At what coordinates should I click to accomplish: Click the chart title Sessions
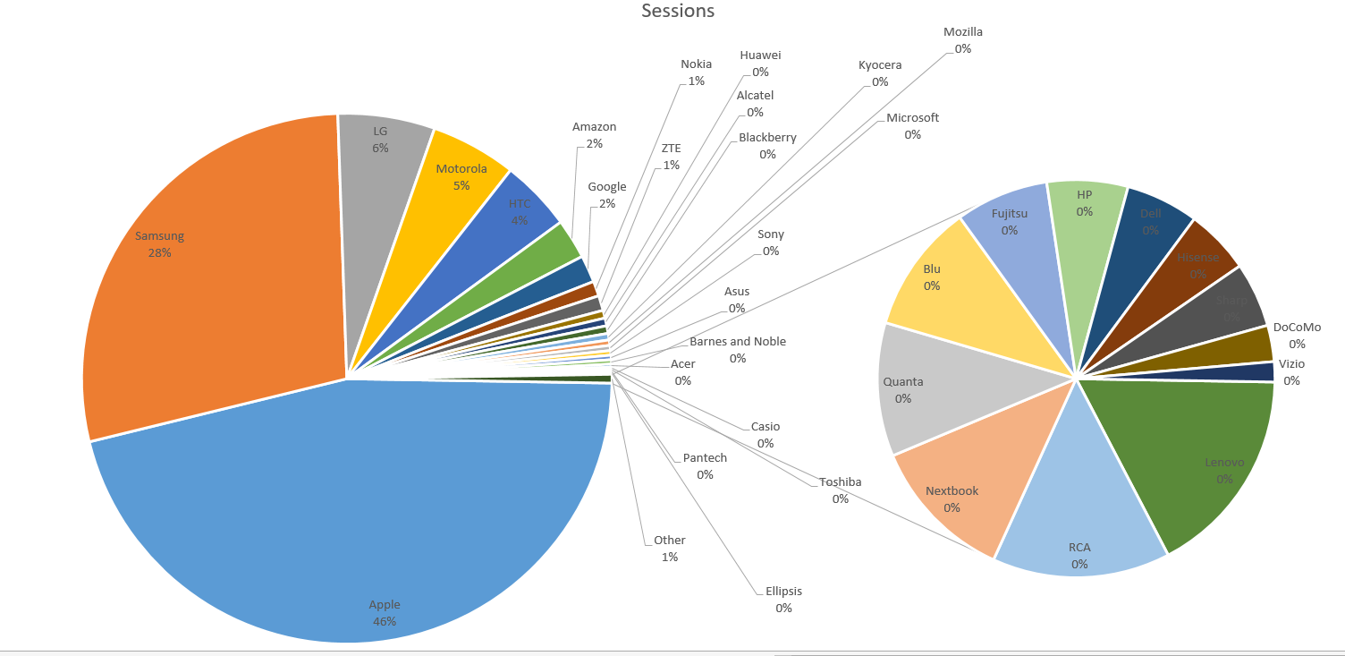(678, 12)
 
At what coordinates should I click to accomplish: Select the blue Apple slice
(358, 519)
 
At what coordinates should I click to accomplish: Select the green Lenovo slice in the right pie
(1198, 456)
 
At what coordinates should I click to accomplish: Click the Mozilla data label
(963, 40)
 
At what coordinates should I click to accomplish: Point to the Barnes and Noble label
(738, 350)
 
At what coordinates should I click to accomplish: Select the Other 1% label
(670, 549)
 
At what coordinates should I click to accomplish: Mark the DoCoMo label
(1297, 336)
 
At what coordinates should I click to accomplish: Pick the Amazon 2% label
(595, 135)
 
